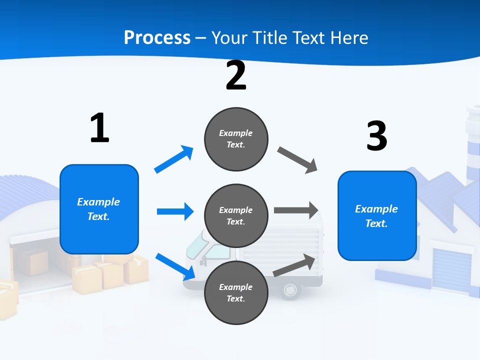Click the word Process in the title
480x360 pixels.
[x=157, y=37]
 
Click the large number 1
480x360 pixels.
[x=99, y=128]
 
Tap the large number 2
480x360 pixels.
[x=236, y=75]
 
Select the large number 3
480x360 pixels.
[x=376, y=136]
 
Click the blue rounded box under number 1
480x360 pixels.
[x=99, y=209]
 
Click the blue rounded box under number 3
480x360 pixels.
[x=377, y=216]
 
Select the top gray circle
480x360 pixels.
[x=236, y=139]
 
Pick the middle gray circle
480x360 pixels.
[x=236, y=216]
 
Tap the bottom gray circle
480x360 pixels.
[x=236, y=293]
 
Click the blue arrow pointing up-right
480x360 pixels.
[x=174, y=159]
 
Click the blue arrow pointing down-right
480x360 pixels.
[x=175, y=266]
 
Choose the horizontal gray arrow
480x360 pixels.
[x=295, y=210]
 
